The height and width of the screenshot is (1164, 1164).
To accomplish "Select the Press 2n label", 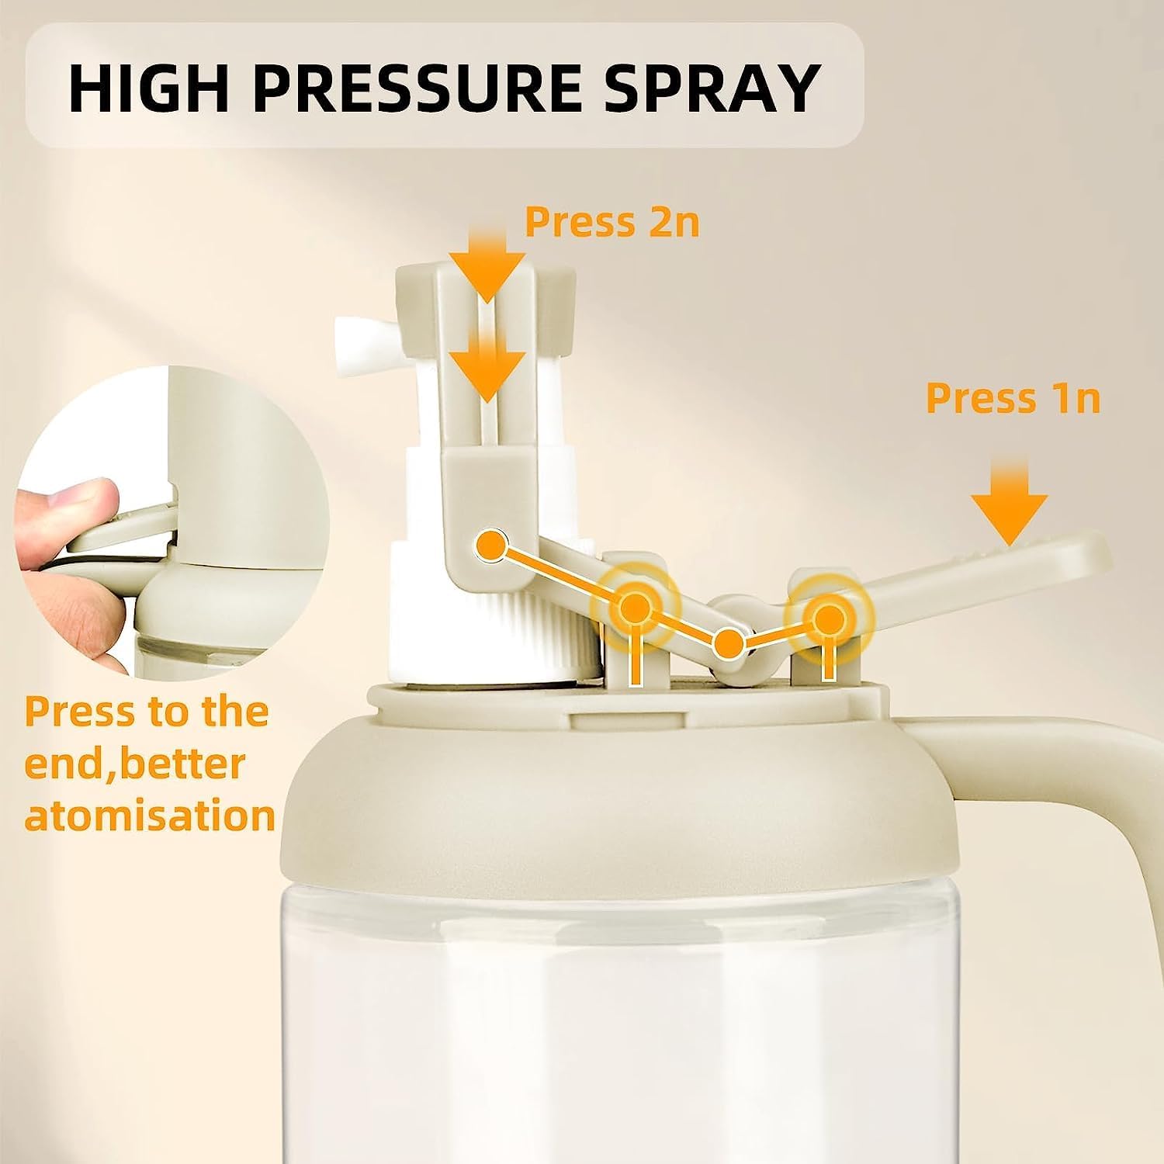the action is click(612, 222).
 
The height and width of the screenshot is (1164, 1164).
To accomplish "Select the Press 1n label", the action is click(1013, 399).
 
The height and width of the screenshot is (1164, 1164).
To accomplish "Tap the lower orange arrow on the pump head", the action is click(486, 362).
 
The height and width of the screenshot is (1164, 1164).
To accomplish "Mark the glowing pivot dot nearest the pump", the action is click(635, 605).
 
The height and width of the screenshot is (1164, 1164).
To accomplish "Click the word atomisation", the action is click(150, 816).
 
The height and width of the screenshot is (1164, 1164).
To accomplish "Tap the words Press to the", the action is click(147, 712).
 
